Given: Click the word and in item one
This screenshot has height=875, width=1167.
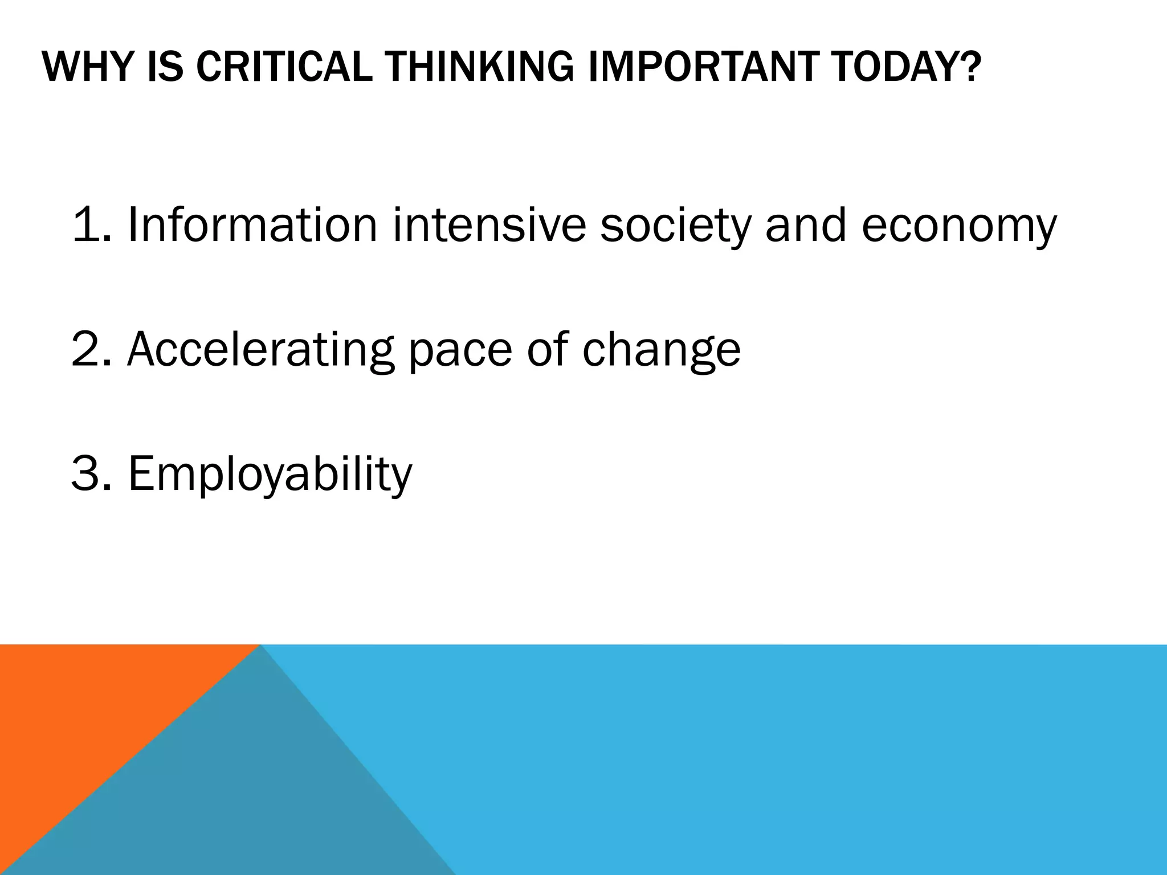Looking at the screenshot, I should coord(805,225).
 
